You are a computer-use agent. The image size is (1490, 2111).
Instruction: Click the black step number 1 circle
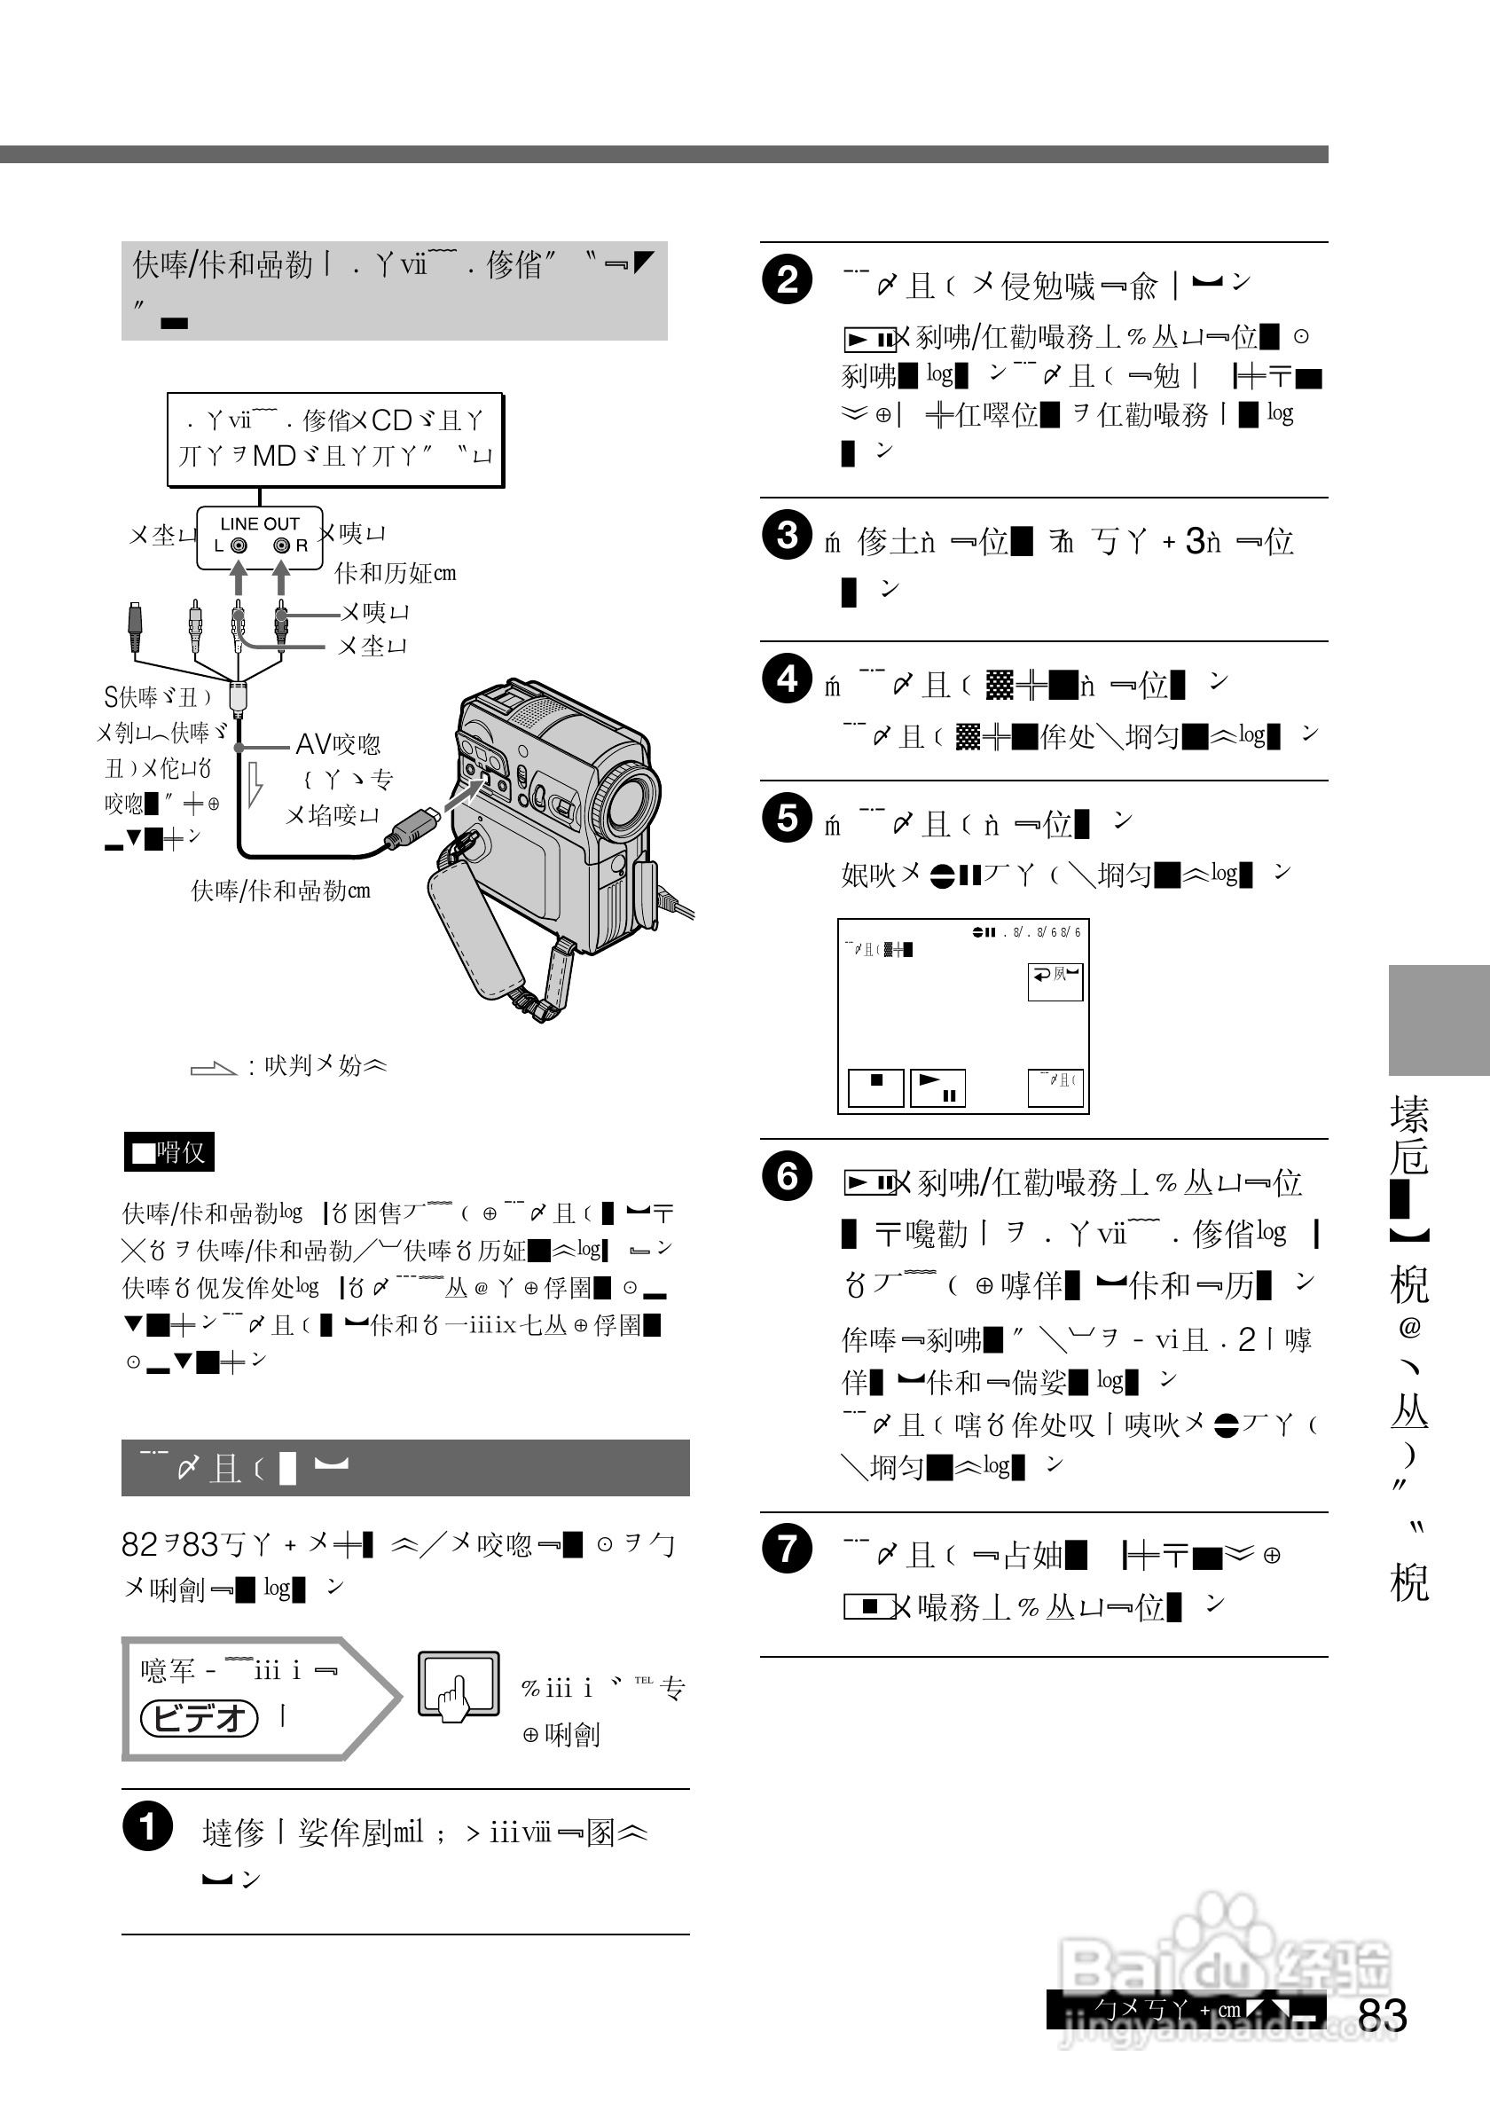pos(147,1826)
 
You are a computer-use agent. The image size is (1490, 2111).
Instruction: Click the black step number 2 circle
pos(787,279)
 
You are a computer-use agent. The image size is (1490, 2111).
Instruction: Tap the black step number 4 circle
pos(787,679)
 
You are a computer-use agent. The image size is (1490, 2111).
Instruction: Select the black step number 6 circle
pos(787,1175)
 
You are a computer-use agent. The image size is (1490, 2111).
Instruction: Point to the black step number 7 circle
pos(787,1549)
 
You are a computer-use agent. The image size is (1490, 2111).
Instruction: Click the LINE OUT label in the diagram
pos(259,523)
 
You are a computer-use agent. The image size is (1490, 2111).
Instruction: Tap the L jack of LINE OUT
pos(238,545)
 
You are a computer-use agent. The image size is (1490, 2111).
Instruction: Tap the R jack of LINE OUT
pos(281,545)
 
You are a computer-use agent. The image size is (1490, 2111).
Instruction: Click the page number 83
pos(1382,2015)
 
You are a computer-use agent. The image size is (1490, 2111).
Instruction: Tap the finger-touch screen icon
pos(458,1684)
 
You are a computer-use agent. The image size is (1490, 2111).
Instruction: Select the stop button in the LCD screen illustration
pos(875,1087)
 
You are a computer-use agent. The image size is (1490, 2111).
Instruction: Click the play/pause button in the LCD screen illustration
pos(937,1087)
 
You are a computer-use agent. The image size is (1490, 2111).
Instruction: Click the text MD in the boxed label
pos(274,456)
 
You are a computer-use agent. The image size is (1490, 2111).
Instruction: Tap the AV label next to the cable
pos(313,744)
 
